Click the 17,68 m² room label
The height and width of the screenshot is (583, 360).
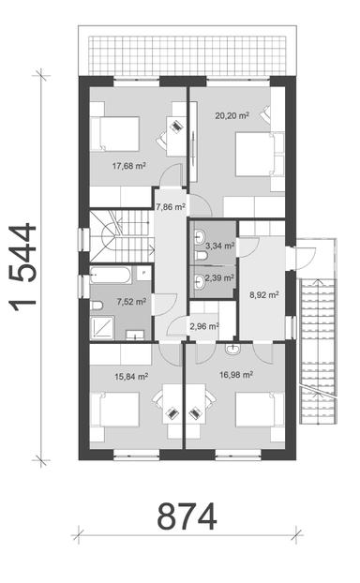tap(129, 166)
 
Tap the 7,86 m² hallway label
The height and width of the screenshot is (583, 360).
tap(170, 207)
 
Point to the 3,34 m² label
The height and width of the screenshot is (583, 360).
tap(220, 246)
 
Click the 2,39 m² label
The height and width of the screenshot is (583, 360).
tap(220, 278)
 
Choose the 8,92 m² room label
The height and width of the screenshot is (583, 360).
tap(264, 294)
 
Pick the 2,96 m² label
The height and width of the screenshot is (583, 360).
tap(203, 327)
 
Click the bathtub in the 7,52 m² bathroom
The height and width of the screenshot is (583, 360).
tap(112, 277)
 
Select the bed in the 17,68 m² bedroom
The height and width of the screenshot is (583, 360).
tap(115, 133)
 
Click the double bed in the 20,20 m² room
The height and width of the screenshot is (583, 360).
tap(254, 151)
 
